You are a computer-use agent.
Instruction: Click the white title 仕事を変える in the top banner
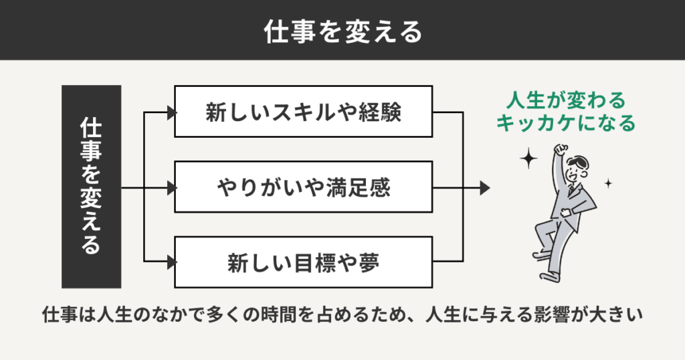click(x=342, y=31)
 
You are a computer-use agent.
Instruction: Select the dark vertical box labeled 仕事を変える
click(x=91, y=187)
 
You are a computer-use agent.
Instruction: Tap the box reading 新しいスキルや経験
click(x=303, y=112)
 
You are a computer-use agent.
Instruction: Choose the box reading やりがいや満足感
click(x=303, y=187)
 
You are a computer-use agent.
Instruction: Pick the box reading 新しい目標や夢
click(x=303, y=262)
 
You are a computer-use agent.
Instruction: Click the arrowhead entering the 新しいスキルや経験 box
click(x=170, y=112)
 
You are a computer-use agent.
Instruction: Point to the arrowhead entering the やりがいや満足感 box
click(x=170, y=188)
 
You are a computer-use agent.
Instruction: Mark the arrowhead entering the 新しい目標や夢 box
click(x=170, y=262)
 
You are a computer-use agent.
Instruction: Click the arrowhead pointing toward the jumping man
click(x=486, y=188)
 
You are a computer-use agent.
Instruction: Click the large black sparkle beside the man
click(x=529, y=159)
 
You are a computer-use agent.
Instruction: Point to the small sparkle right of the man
click(x=608, y=182)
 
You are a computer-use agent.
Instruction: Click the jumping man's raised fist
click(x=561, y=149)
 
